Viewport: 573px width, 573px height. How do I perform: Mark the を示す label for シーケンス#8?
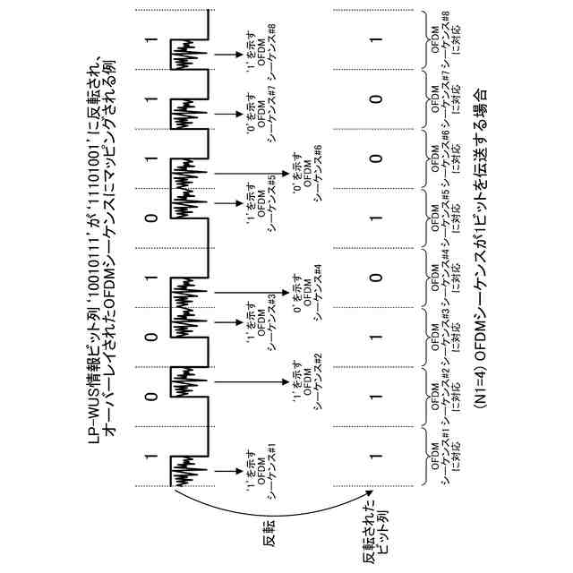[262, 45]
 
